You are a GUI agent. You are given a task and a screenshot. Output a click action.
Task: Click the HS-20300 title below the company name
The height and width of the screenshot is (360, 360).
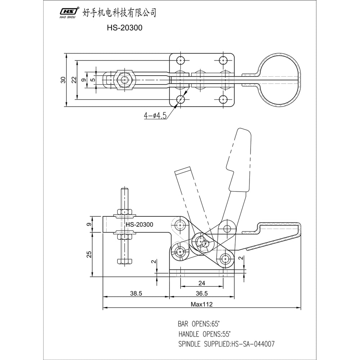coord(125,28)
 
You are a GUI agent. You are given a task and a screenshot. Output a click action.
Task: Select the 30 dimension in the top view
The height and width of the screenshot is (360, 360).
coord(63,80)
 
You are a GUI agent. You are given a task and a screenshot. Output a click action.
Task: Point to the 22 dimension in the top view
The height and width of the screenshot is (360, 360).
coord(74,80)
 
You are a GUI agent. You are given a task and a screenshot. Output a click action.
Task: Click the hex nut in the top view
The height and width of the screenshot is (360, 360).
coord(125,80)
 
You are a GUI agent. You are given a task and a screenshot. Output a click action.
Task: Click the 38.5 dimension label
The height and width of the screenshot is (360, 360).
coord(136,293)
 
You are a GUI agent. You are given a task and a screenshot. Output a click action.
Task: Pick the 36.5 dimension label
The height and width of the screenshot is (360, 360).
coord(202,293)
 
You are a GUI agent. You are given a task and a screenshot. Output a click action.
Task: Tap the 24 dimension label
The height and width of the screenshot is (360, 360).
coord(201,283)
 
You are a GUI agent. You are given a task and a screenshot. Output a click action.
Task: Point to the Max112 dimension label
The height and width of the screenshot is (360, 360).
coord(202,305)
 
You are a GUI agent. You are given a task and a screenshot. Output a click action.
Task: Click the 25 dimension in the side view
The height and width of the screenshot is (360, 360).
coord(89,255)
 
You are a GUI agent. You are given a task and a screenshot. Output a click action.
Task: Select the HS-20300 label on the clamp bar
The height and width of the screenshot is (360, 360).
coord(139,225)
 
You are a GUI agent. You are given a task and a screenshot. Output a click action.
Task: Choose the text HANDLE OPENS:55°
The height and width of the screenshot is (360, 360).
coord(204,334)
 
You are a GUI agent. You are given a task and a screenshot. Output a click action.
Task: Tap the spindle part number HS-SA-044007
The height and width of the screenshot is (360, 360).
coord(254,344)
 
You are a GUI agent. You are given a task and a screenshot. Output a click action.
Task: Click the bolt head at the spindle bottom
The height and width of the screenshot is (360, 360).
coord(125,261)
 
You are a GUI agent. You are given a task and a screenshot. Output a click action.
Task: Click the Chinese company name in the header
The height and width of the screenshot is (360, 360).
coord(120,13)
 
